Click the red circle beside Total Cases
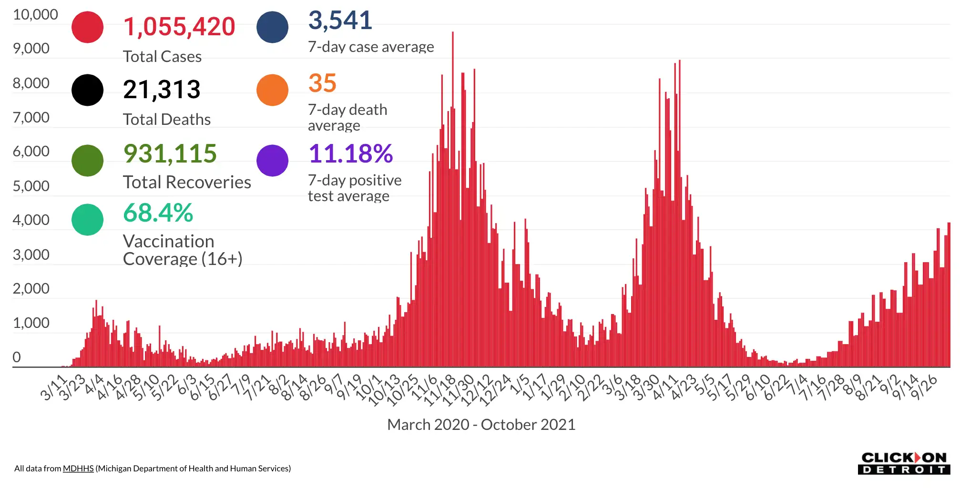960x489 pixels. point(87,27)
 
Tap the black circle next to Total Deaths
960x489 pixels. point(87,90)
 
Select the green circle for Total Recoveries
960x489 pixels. point(87,161)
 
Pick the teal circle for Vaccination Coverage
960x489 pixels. point(87,220)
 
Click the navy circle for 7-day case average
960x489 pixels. point(272,27)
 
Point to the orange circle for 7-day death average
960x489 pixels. point(272,90)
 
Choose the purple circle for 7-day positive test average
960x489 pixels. point(272,161)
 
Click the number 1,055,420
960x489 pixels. point(179,27)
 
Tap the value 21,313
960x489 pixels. point(162,90)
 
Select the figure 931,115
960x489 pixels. point(170,153)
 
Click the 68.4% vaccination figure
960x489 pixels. point(158,213)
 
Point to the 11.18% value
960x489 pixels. point(351,153)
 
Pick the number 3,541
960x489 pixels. point(340,20)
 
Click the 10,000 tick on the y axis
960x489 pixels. point(35,15)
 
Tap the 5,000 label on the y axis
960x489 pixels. point(31,186)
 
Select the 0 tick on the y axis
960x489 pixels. point(17,357)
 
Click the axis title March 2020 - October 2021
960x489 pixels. point(481,424)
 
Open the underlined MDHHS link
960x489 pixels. point(78,469)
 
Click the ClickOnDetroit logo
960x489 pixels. point(904,463)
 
